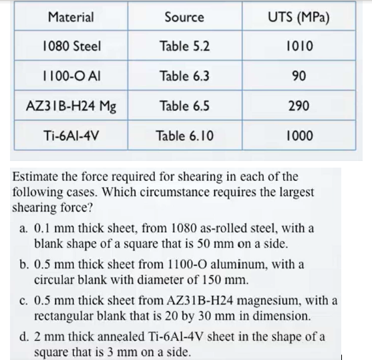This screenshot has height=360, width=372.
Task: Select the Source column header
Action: pos(184,17)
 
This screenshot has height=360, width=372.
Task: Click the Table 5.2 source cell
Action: pos(184,46)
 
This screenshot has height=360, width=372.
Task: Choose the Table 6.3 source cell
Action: pos(184,75)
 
